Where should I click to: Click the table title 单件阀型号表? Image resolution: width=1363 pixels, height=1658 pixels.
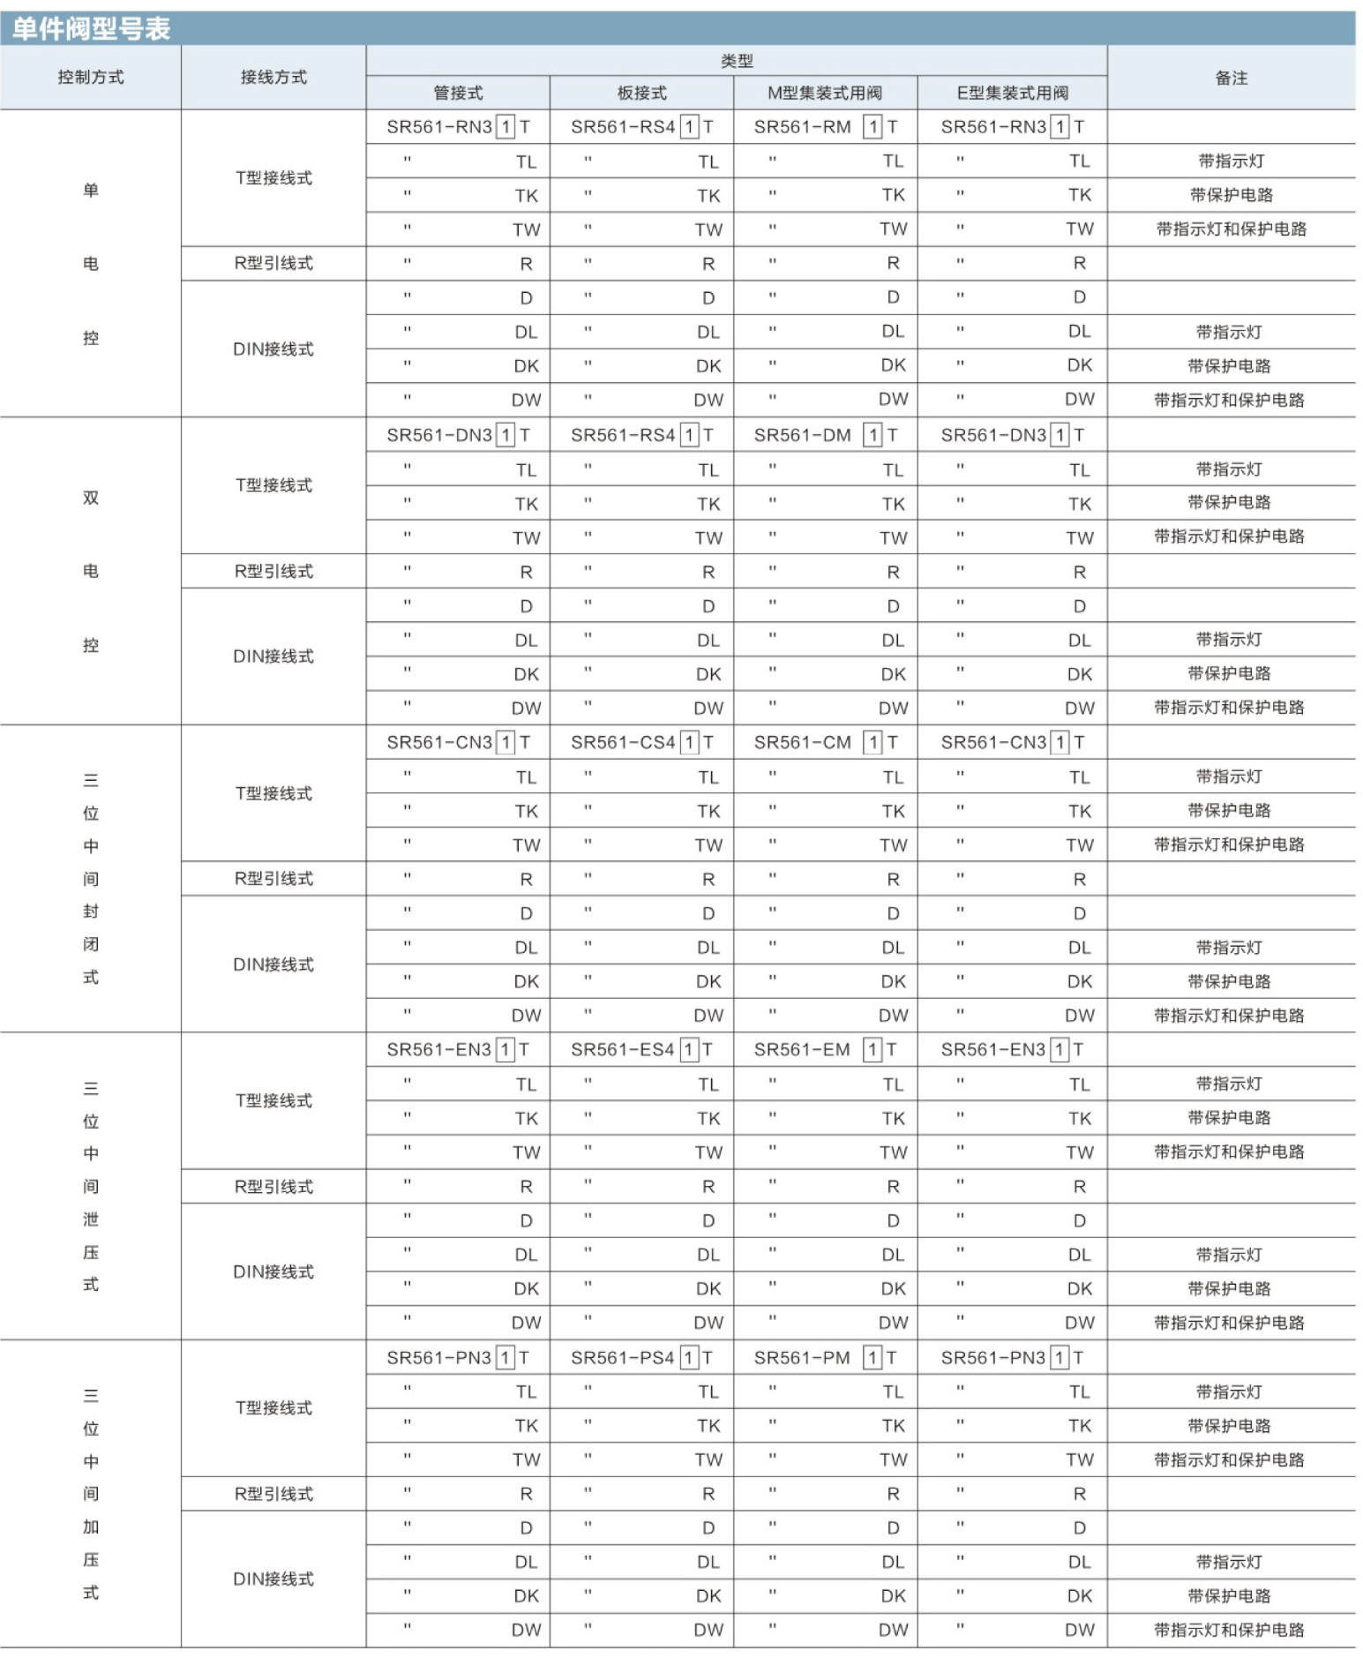point(91,28)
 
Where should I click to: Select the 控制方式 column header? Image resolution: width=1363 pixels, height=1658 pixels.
point(91,78)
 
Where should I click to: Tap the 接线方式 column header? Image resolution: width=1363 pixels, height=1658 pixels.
point(273,78)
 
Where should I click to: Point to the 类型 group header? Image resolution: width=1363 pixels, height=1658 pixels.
point(737,61)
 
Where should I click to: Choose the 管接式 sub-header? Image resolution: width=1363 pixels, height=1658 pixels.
point(458,94)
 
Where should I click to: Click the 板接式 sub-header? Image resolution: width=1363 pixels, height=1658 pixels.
point(641,94)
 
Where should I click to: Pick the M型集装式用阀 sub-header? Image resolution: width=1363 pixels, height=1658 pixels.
point(825,94)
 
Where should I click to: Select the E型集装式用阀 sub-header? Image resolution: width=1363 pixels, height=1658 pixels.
point(1012,94)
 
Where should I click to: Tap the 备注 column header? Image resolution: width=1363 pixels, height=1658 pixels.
point(1231,79)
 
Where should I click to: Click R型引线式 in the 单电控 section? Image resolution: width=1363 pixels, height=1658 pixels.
point(273,264)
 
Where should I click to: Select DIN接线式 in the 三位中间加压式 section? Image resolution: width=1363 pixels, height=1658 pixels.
point(273,1579)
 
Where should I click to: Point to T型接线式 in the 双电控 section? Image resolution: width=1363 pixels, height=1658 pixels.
point(273,485)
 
